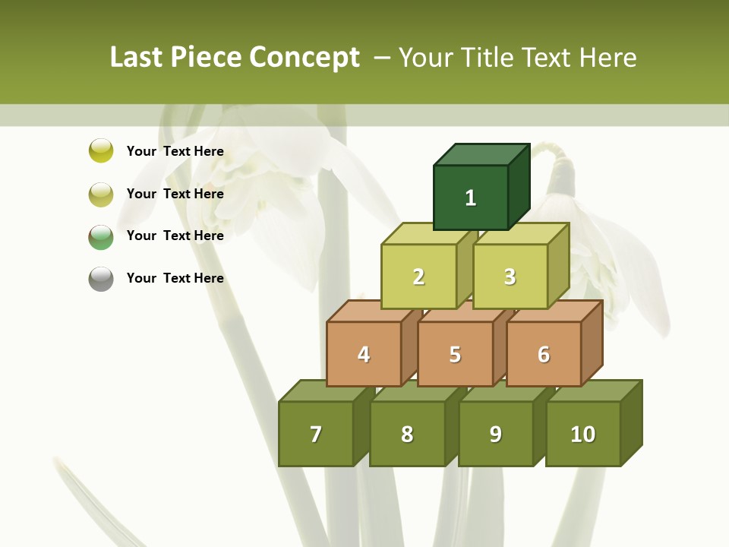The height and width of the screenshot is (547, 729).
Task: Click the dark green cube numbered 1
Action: (471, 198)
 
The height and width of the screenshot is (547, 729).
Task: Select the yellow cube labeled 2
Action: (418, 277)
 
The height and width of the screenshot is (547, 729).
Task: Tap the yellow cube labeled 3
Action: (510, 277)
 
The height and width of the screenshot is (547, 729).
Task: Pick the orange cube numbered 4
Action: (364, 354)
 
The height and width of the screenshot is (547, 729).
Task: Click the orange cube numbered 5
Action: (455, 354)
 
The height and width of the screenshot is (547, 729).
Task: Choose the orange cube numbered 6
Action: (543, 354)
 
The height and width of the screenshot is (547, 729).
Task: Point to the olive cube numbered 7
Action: (316, 434)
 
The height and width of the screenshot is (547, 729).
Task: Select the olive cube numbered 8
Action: (407, 434)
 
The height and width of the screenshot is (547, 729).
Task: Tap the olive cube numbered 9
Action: (495, 434)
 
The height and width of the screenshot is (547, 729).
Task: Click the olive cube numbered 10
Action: (582, 434)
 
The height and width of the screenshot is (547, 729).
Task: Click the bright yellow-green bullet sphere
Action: (101, 150)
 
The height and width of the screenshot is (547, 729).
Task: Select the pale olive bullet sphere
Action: (101, 194)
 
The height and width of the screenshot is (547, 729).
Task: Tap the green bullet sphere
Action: (101, 236)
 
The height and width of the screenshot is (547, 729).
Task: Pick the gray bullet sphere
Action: (101, 279)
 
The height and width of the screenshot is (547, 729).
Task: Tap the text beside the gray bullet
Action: (175, 278)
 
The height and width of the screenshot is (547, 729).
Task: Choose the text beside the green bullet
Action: (175, 236)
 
